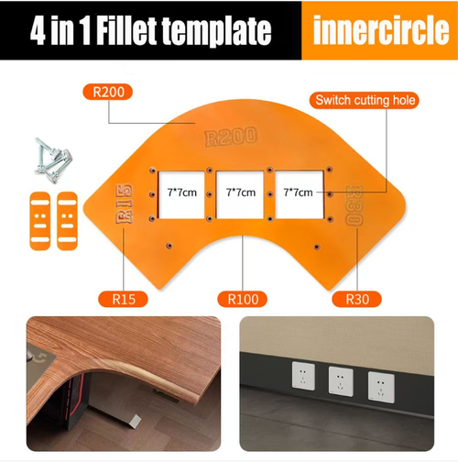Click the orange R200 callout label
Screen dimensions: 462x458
click(x=109, y=92)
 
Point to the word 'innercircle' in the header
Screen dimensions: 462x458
click(x=378, y=31)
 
